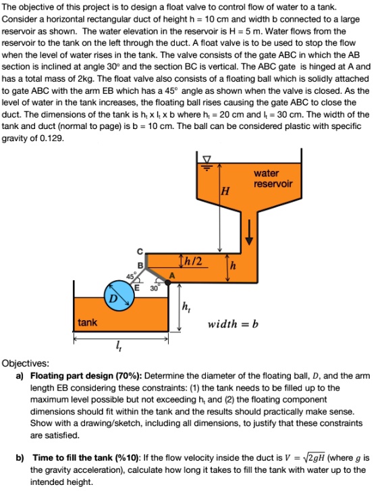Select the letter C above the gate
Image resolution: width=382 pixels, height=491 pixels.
tap(140, 252)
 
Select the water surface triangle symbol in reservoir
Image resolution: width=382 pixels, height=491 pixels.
tap(208, 162)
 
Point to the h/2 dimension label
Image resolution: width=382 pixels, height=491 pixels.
tap(191, 261)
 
